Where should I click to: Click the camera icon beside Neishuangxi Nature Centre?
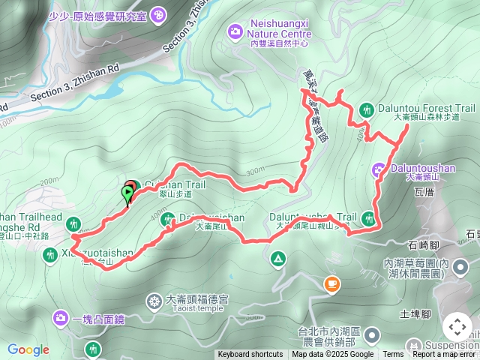click(x=235, y=31)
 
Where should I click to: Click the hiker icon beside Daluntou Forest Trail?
click(x=366, y=109)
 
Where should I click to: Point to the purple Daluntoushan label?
click(x=422, y=169)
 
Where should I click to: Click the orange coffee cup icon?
click(x=331, y=283)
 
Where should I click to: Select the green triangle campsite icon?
click(x=278, y=259)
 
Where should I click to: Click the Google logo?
click(x=28, y=349)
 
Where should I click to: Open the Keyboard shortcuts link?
click(x=250, y=355)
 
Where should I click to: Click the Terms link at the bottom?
click(x=393, y=355)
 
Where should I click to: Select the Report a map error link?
click(x=445, y=355)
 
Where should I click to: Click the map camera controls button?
click(x=457, y=327)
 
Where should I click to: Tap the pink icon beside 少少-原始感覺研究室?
click(x=158, y=14)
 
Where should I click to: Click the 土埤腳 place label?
click(x=415, y=314)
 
